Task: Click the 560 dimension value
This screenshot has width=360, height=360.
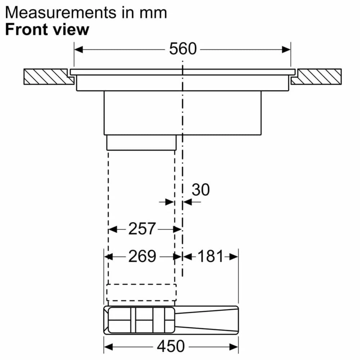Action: click(x=183, y=49)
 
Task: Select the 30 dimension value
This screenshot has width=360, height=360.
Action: click(x=201, y=190)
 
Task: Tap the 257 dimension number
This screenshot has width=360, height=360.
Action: click(x=142, y=229)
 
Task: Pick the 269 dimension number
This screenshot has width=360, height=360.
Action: click(x=142, y=256)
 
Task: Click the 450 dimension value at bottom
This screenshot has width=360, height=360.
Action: click(x=171, y=346)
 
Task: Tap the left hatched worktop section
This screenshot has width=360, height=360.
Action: click(x=46, y=76)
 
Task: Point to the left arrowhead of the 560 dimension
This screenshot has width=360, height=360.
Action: click(x=78, y=49)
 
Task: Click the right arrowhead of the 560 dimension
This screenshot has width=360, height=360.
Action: click(x=286, y=49)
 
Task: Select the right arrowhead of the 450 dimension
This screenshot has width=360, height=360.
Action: click(x=234, y=347)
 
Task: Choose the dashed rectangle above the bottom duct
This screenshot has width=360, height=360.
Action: click(x=141, y=292)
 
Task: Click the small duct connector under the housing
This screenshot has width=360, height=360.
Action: click(x=141, y=143)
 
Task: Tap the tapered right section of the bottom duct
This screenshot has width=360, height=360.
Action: click(x=207, y=319)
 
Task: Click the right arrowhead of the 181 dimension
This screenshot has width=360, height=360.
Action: click(x=234, y=257)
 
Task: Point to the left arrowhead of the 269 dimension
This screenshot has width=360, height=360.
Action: click(x=108, y=257)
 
